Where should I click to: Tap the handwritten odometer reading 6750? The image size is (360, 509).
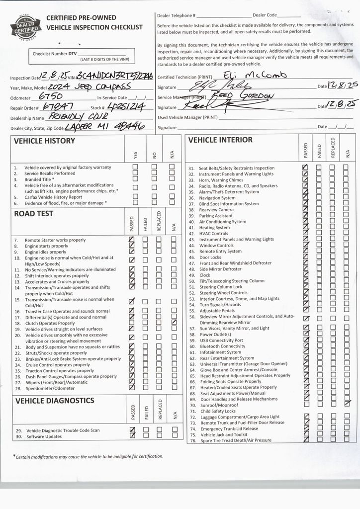50,96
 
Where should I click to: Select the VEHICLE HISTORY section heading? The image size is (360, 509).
44,141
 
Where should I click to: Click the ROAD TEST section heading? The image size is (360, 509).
33,214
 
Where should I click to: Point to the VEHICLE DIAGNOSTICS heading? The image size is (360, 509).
55,401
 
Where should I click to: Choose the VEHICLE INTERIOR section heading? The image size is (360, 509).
220,140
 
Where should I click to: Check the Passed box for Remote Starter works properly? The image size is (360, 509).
132,240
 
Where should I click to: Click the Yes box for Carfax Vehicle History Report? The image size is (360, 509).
135,197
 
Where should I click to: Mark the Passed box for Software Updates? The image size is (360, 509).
132,436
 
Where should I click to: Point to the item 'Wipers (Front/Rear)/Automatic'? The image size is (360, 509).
56,383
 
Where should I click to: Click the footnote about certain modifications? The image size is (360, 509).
89,456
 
